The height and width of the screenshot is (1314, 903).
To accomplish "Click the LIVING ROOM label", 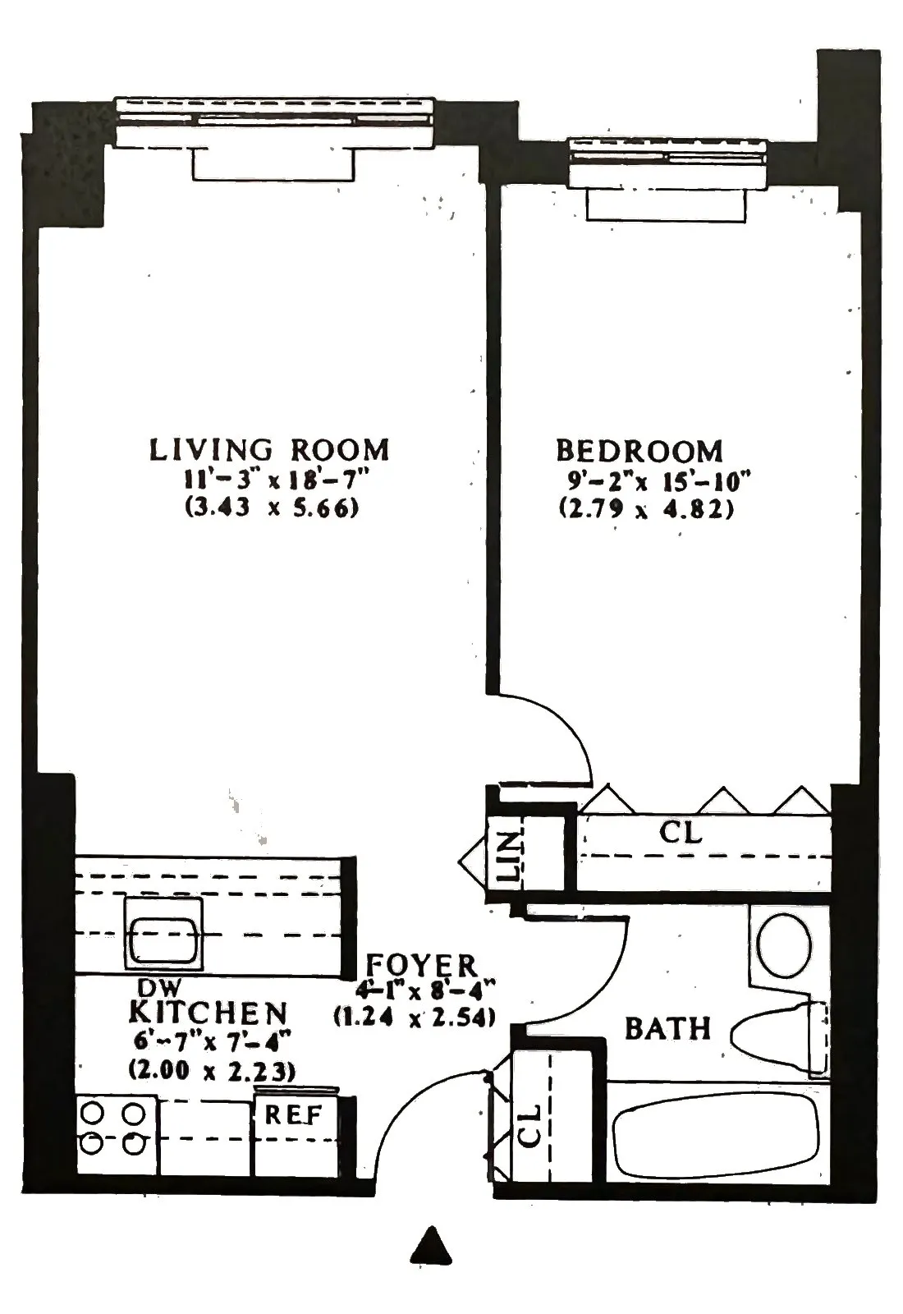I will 268,450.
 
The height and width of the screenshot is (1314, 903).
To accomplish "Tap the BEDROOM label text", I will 639,451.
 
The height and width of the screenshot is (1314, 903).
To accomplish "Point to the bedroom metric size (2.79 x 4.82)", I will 646,508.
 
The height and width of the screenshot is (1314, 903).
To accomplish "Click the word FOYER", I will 421,964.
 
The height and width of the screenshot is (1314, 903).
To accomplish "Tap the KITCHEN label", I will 209,1013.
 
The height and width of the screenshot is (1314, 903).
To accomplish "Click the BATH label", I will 667,1028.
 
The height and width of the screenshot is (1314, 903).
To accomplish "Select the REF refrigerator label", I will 293,1115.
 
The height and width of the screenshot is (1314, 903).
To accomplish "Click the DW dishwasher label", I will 158,988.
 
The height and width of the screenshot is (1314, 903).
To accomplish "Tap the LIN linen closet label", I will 510,857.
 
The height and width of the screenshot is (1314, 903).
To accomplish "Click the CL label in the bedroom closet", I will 681,833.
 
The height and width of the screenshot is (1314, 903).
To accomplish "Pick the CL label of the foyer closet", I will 531,1125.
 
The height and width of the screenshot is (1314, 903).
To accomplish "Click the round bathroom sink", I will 785,945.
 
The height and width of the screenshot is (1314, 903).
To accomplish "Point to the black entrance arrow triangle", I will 431,1246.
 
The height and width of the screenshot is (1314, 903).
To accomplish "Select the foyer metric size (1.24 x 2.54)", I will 415,1017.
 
